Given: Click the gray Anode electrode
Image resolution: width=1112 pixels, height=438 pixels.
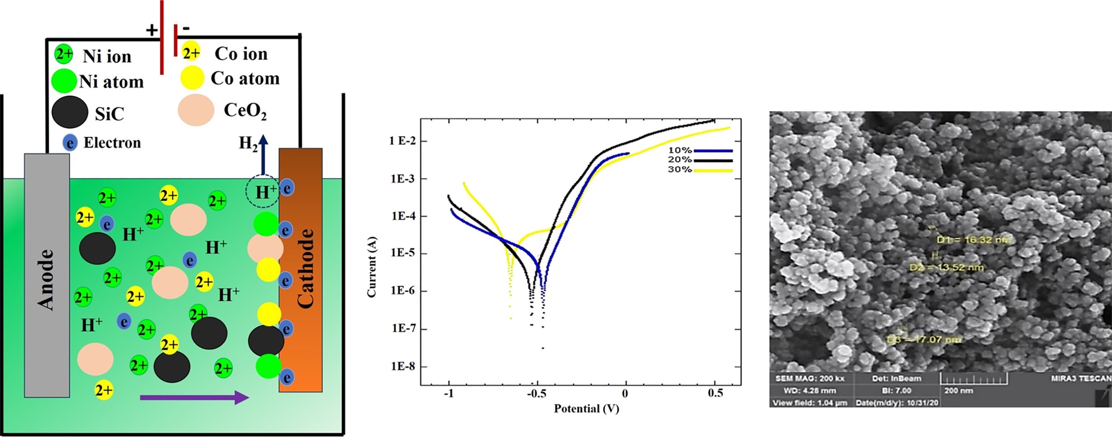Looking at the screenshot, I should pos(47,276).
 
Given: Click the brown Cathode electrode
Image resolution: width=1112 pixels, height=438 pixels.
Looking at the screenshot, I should pos(300,270).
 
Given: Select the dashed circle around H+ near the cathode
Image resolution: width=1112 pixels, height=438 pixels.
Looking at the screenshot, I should pos(263,192).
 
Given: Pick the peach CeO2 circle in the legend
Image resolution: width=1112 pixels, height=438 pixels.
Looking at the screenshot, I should pos(196,109).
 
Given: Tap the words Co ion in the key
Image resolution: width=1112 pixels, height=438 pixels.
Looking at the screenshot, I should pos(241,54).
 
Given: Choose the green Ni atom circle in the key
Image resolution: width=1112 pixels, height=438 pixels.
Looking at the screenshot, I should pos(63,81).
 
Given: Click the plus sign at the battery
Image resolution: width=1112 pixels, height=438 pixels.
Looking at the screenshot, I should pos(151,30).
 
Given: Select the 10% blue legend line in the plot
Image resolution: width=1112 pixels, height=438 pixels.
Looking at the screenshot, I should pos(713,151).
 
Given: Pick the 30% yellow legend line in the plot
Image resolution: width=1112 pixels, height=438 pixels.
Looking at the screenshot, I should pos(713,171).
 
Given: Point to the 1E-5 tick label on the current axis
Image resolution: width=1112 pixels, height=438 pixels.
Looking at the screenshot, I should pos(402,253).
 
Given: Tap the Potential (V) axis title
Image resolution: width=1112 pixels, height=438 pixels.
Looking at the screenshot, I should pos(586,408).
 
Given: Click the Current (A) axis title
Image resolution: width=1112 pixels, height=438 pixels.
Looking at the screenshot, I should pos(372,266).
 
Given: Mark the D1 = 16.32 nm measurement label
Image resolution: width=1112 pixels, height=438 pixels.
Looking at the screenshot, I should pos(973,240).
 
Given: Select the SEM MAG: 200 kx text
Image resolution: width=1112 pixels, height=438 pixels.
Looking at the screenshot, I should pos(810,379).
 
